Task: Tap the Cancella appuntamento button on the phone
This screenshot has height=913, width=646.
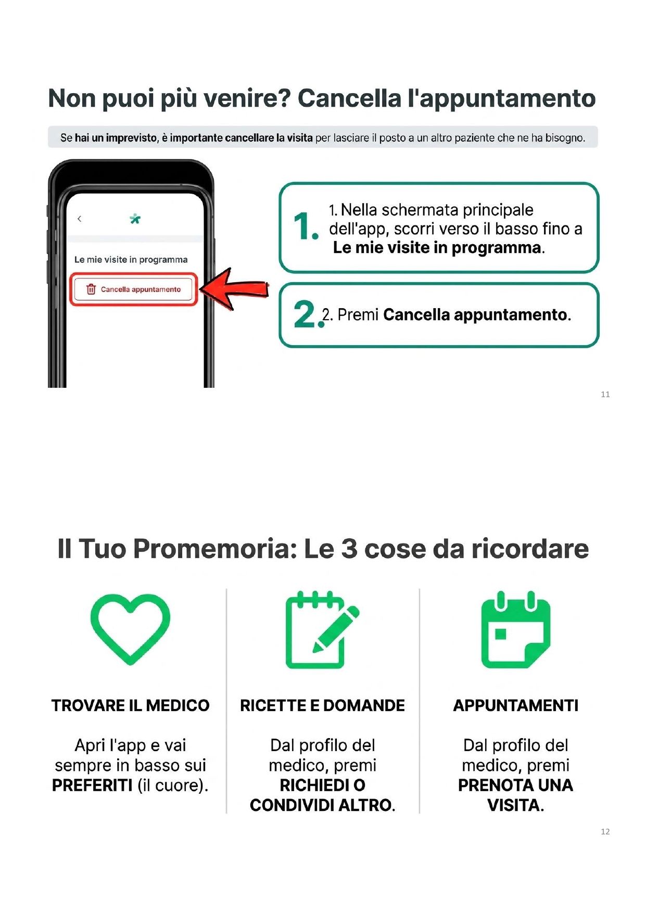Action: pos(134,289)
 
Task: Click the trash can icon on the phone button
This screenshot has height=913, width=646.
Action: pos(91,289)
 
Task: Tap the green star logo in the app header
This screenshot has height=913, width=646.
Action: pos(135,219)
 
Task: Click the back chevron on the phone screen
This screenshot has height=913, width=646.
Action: pos(80,219)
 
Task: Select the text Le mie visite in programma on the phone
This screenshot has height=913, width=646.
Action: pos(131,259)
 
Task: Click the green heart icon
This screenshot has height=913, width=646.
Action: pos(130,628)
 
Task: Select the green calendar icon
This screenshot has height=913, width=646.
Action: pos(515,630)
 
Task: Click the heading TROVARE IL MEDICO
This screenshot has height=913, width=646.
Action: pos(130,705)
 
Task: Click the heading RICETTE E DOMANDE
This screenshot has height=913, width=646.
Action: pos(322,705)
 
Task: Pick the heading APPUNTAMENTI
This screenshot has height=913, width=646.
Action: pos(515,705)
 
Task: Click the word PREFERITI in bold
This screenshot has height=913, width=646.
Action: pos(92,785)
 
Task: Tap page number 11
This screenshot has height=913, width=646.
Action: pos(605,395)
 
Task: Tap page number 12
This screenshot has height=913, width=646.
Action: pos(605,832)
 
